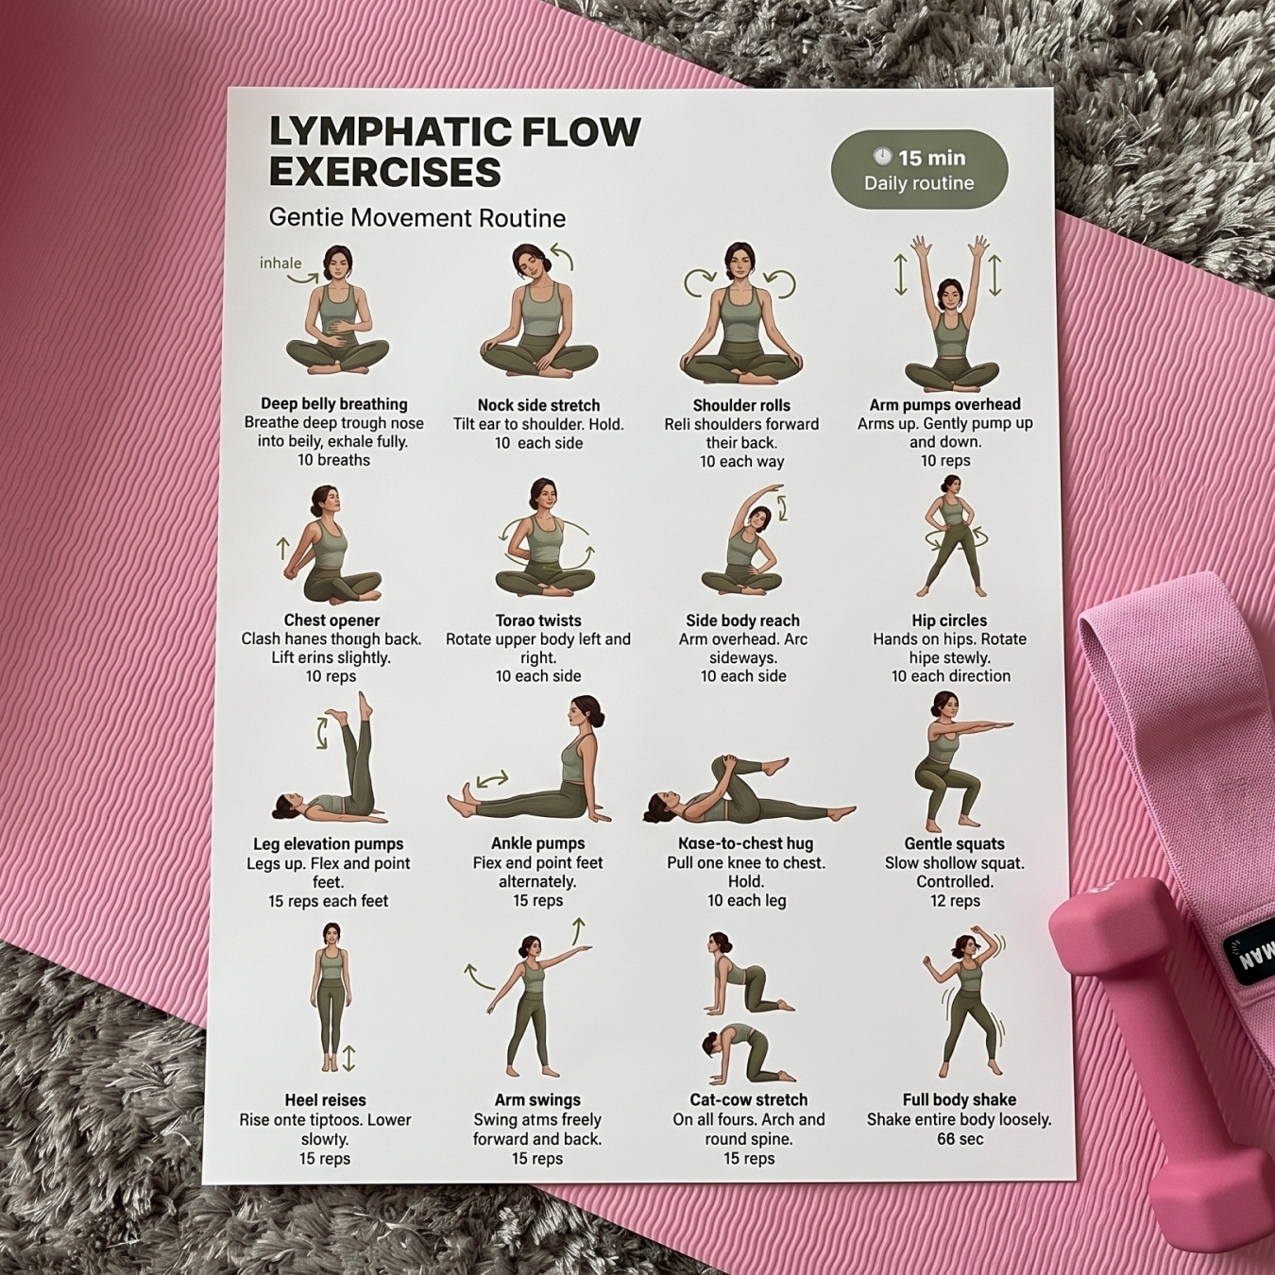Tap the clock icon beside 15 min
[882, 157]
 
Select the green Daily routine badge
[919, 170]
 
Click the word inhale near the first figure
[280, 263]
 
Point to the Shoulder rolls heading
[741, 405]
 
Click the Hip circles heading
[949, 620]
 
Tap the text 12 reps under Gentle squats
[955, 901]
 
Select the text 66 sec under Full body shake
[960, 1139]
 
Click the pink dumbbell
[1162, 1058]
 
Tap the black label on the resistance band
[1252, 954]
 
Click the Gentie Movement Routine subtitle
[416, 218]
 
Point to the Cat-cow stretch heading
[748, 1100]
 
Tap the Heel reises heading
[325, 1100]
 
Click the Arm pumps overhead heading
[944, 404]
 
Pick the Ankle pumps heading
[537, 843]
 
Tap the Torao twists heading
[538, 620]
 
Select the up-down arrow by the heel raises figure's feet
[348, 1058]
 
